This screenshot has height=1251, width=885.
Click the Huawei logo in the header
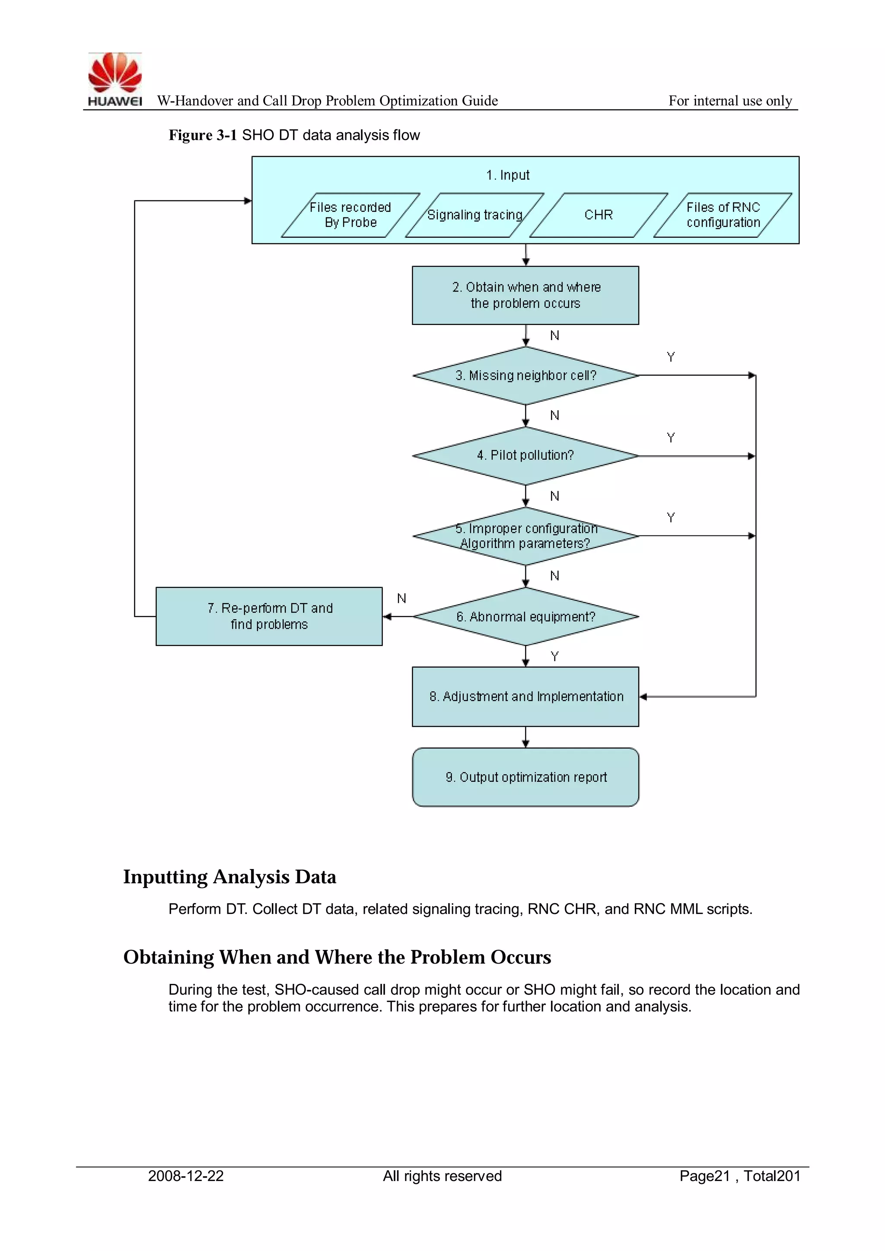pyautogui.click(x=115, y=79)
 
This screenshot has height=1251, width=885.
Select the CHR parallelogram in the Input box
pyautogui.click(x=598, y=215)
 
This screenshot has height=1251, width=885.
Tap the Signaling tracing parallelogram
pyautogui.click(x=474, y=215)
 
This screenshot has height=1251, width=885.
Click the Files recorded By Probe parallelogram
pyautogui.click(x=350, y=215)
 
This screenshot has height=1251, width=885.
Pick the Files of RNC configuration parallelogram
pyautogui.click(x=723, y=215)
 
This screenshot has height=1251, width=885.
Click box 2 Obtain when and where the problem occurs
pyautogui.click(x=525, y=295)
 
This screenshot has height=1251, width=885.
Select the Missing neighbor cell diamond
pyautogui.click(x=525, y=376)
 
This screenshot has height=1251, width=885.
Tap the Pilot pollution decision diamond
pyautogui.click(x=525, y=455)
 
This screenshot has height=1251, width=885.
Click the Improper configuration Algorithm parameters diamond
pyautogui.click(x=525, y=536)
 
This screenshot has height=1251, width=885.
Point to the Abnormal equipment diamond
pyautogui.click(x=525, y=617)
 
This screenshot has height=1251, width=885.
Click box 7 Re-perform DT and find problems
pyautogui.click(x=269, y=616)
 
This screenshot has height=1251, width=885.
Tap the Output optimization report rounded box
pyautogui.click(x=525, y=777)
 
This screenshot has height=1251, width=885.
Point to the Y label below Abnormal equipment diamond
pyautogui.click(x=555, y=656)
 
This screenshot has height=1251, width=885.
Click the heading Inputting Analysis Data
pyautogui.click(x=229, y=877)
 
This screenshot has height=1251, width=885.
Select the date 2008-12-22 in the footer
pyautogui.click(x=186, y=1176)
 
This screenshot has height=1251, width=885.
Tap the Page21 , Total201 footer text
pyautogui.click(x=739, y=1176)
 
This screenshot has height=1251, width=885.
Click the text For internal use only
pyautogui.click(x=730, y=101)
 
